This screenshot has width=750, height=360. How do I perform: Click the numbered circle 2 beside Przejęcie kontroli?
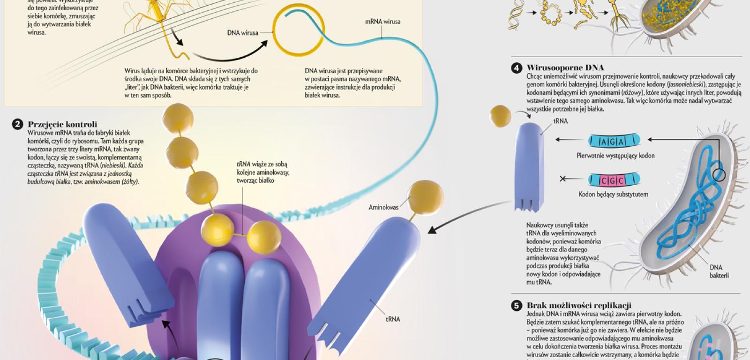pos(17,124)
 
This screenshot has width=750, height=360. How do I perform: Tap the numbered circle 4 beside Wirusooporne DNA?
pos(516,68)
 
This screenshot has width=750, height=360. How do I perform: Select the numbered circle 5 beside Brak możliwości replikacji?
pos(516,306)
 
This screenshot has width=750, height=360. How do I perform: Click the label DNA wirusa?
pos(242,33)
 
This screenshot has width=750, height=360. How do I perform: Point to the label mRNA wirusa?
pos(382,22)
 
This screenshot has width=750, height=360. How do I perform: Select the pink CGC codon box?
pos(614,180)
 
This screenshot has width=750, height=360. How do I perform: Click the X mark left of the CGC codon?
pos(563,179)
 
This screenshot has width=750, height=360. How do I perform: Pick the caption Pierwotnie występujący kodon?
pos(615,156)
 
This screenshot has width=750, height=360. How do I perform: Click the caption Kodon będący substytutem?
pos(613,194)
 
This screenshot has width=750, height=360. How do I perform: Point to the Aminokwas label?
pos(383,207)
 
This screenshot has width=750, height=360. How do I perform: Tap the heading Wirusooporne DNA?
pos(565,68)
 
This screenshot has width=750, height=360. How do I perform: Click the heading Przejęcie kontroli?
pos(62,124)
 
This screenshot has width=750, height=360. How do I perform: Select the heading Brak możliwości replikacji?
pos(579,306)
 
